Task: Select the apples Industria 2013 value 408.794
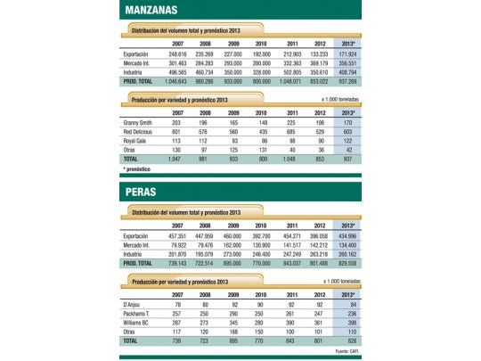[343, 71]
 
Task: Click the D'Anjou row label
[135, 306]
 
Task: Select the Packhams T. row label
[140, 315]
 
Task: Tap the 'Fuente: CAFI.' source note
[343, 350]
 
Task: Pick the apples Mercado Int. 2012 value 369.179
[317, 62]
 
